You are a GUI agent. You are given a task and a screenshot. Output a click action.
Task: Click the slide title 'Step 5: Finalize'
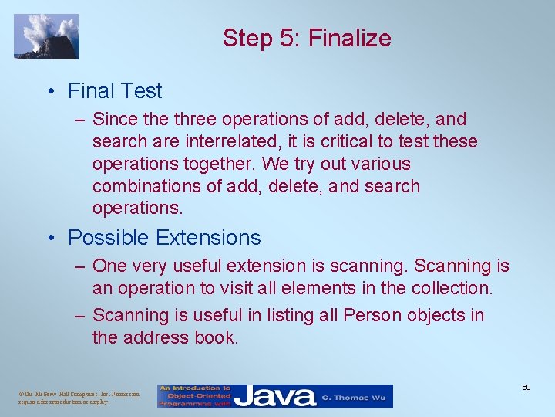pos(307,38)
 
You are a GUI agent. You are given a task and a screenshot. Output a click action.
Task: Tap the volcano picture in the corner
pos(46,36)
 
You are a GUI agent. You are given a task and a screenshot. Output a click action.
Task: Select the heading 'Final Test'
pos(115,91)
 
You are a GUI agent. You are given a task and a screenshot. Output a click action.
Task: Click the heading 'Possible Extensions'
pos(164,237)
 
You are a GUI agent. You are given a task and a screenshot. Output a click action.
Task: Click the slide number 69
pos(526,386)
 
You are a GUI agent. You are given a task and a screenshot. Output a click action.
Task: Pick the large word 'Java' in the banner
pos(275,396)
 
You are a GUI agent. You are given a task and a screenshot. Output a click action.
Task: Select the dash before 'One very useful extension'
pos(79,266)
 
